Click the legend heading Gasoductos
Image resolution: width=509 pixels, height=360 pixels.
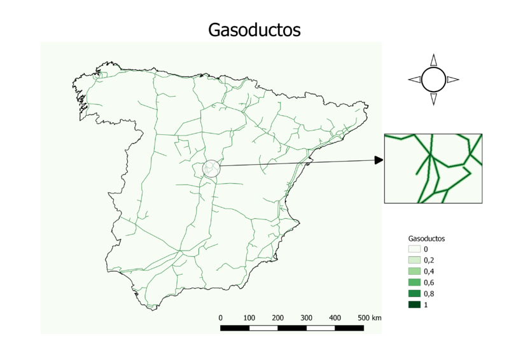[x=426, y=238]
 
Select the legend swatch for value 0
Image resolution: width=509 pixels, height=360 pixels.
[x=414, y=249]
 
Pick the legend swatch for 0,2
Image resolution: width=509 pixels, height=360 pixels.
[x=414, y=261]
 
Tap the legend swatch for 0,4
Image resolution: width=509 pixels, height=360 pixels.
[x=414, y=272]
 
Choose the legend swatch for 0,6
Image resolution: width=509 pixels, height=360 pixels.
[x=414, y=282]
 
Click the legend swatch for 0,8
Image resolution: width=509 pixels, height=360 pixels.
[x=414, y=294]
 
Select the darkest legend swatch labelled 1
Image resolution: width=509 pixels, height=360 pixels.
[x=414, y=305]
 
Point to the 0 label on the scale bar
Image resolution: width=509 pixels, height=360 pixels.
[x=220, y=317]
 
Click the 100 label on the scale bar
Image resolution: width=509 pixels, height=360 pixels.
[x=249, y=317]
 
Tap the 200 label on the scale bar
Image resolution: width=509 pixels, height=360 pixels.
[x=277, y=317]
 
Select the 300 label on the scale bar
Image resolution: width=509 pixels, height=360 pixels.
[x=306, y=317]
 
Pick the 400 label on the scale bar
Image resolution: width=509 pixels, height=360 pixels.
[x=335, y=317]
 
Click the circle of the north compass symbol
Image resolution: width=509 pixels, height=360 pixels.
[x=433, y=80]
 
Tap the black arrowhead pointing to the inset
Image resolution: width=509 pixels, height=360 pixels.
[x=379, y=160]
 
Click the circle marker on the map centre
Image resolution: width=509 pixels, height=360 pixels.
[x=211, y=169]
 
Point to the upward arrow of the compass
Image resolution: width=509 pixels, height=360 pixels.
[x=433, y=60]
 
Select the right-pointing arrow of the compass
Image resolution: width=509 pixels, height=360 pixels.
[x=453, y=80]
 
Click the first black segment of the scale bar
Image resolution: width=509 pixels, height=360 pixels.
[x=234, y=328]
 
